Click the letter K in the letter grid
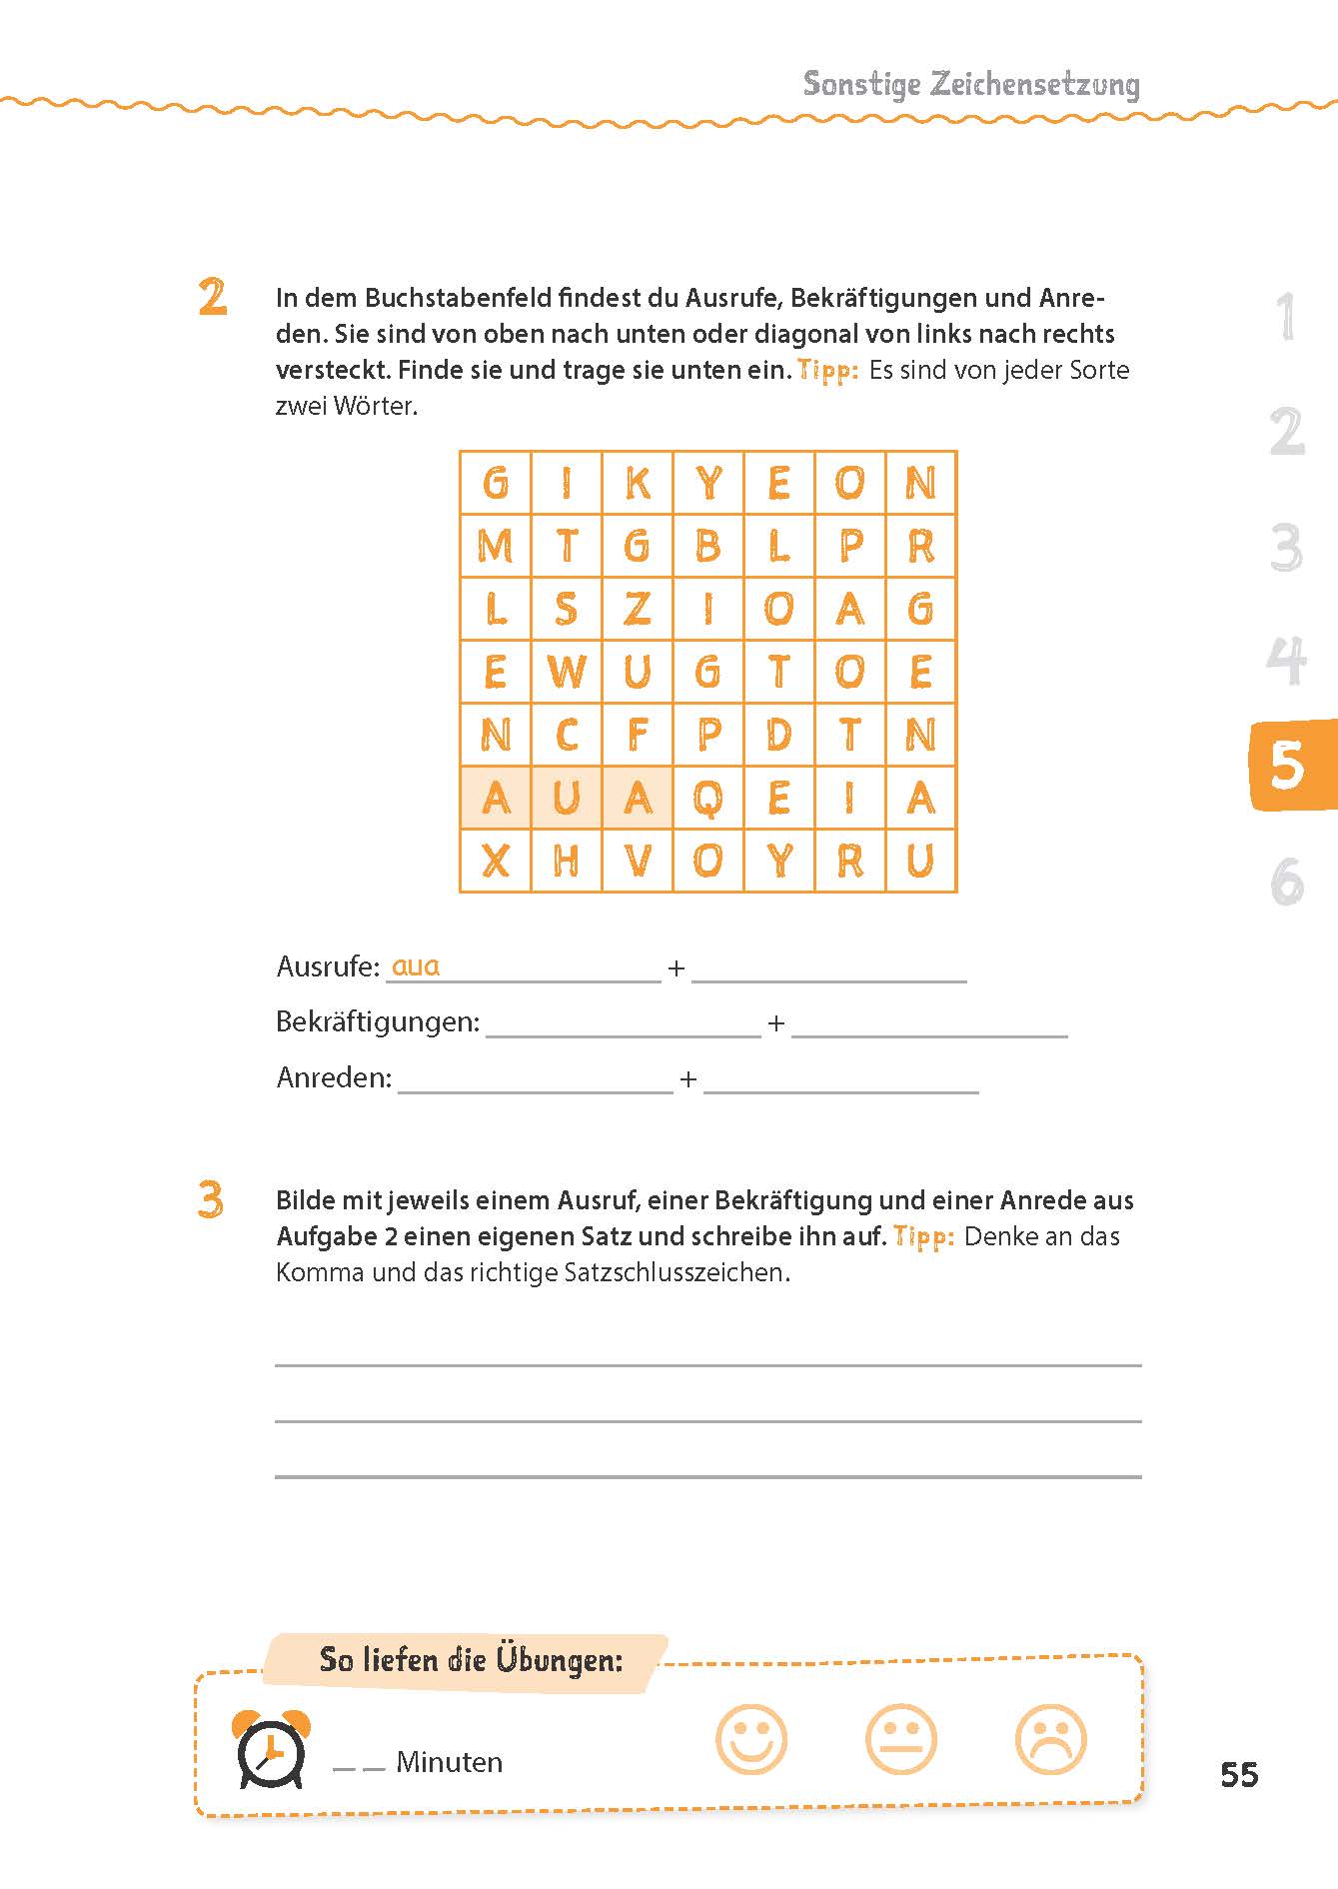[638, 484]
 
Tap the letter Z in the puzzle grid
[638, 609]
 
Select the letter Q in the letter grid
[708, 798]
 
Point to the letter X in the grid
[496, 861]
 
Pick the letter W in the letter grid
[567, 672]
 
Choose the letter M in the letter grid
[496, 547]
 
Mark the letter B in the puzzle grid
[708, 547]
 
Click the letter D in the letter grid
[779, 735]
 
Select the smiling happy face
[751, 1740]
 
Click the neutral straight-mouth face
[901, 1740]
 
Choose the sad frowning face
[1051, 1740]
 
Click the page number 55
[1239, 1775]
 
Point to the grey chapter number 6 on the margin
[1288, 882]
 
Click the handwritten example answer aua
[416, 966]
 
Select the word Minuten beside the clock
[449, 1762]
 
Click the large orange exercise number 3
[211, 1200]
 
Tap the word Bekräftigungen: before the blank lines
[378, 1022]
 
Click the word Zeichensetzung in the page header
[1034, 85]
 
